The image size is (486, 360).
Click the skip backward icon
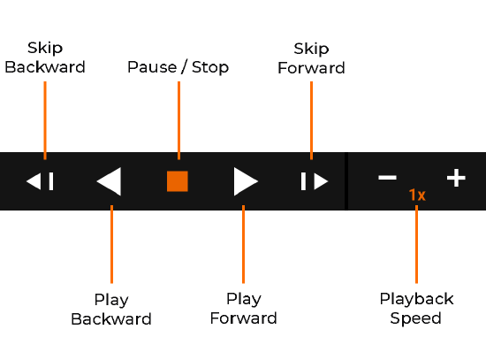[41, 181]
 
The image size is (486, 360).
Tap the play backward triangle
[110, 181]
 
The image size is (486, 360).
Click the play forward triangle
[245, 181]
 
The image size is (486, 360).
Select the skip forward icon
[314, 181]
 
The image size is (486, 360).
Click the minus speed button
[387, 178]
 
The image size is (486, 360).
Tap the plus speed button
[455, 178]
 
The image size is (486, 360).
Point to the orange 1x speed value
[417, 195]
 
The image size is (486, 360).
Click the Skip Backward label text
[45, 57]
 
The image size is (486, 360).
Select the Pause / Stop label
[178, 67]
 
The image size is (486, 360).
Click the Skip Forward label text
[311, 57]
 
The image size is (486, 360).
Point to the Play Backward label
[111, 309]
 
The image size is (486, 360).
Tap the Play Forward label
[243, 309]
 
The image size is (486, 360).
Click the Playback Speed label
[416, 309]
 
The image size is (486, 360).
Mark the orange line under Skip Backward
[45, 119]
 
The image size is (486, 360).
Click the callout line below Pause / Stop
[178, 119]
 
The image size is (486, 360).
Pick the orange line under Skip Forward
[311, 119]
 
